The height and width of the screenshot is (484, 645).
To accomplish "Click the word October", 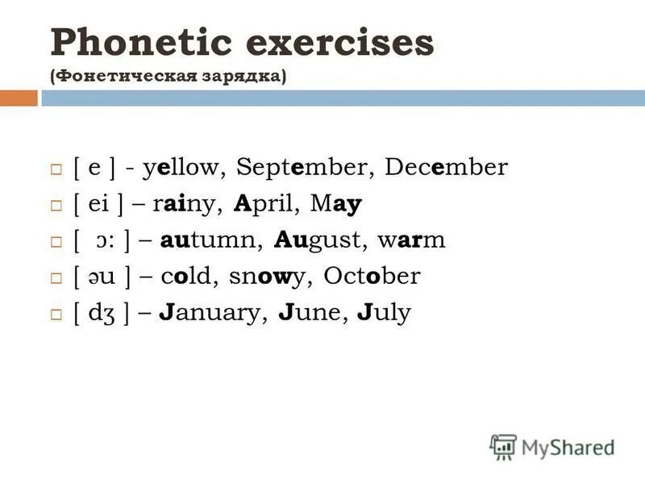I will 372,277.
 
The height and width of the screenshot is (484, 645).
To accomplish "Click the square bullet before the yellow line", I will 56,169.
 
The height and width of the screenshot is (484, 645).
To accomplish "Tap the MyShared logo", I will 551,446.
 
